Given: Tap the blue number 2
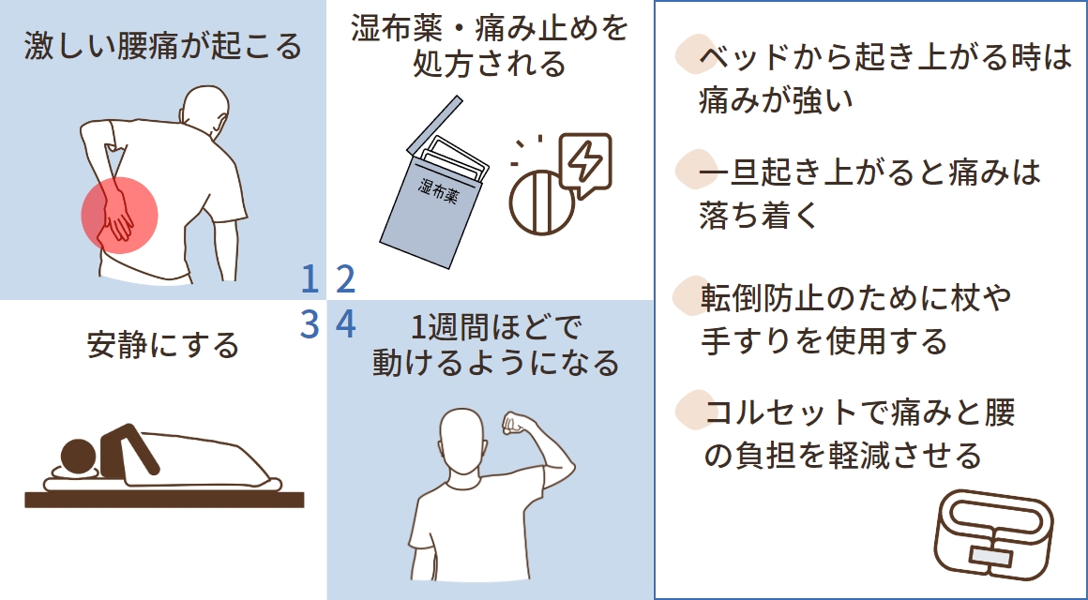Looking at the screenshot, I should pos(345,278).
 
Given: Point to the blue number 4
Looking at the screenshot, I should pos(345,324).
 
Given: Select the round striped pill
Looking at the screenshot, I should pos(542,201).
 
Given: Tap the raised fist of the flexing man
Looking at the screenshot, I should pos(515,425).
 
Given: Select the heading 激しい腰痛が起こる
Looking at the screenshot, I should pos(163,45).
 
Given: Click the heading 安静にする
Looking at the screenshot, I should pos(163,345).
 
